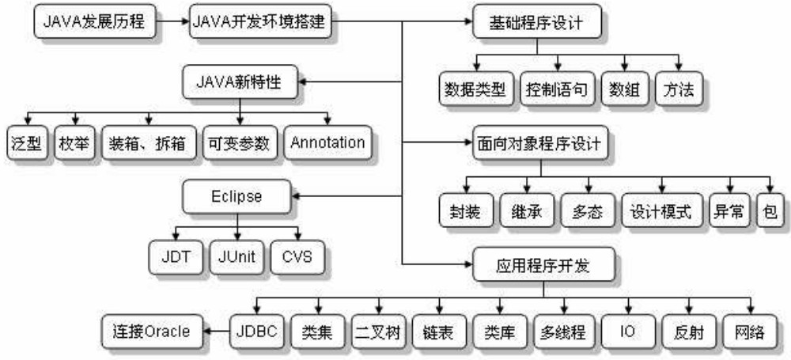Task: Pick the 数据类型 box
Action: click(474, 89)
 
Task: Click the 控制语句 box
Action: click(557, 89)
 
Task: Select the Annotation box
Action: click(327, 143)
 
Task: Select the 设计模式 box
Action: click(660, 211)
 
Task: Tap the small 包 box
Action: click(766, 211)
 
